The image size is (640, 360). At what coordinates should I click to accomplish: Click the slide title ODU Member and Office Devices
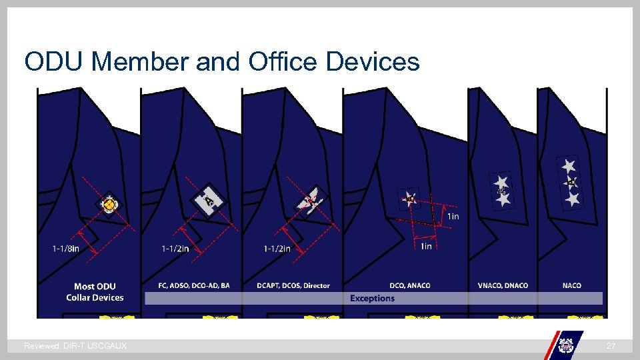pos(222,62)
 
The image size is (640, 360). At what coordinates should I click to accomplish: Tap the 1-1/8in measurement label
pos(65,249)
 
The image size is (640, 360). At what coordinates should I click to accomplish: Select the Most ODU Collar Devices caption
pos(95,292)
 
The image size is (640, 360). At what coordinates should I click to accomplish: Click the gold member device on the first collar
pos(109,205)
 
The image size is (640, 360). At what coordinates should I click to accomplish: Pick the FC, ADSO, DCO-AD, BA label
pos(194,286)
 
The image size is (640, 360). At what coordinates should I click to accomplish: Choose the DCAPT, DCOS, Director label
pos(293,286)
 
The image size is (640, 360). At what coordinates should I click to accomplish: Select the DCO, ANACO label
pos(410,286)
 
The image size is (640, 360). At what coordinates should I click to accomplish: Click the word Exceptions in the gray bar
pos(372,299)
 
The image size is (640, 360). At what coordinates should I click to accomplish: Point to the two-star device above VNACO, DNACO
pos(502,190)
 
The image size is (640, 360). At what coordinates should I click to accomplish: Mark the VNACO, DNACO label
pos(503,286)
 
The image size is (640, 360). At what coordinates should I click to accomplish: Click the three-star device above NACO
pos(570,181)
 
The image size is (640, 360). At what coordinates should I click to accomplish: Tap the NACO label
pos(572,286)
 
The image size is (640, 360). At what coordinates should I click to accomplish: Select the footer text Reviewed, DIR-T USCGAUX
pos(75,346)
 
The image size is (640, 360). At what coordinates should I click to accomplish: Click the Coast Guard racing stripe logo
pos(565,344)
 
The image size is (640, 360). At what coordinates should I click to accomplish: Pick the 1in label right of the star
pos(453,216)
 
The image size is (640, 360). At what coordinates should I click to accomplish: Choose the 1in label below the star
pos(426,247)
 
